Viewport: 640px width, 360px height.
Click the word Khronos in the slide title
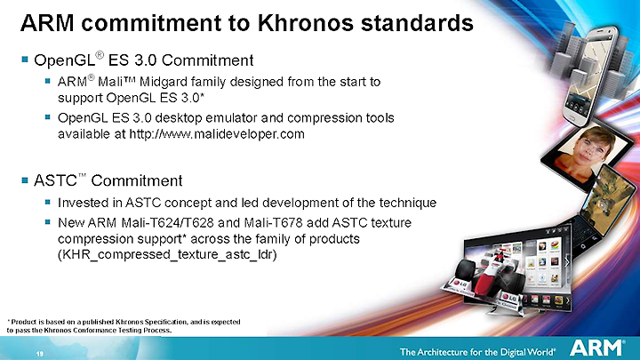(305, 23)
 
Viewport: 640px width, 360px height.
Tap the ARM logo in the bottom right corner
(596, 348)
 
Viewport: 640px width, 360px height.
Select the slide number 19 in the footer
(40, 354)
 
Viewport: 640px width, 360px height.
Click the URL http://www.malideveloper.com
(217, 134)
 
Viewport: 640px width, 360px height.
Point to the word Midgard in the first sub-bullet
(163, 82)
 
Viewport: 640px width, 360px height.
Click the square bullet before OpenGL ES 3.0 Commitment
(25, 60)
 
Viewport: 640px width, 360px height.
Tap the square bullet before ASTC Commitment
(25, 180)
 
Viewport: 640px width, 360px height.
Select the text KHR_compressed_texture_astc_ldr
(167, 255)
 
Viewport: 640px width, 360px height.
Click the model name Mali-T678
(273, 223)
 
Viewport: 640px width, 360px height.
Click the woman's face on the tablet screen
(589, 148)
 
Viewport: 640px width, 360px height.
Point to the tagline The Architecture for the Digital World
(477, 352)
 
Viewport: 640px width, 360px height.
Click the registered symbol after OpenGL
(100, 55)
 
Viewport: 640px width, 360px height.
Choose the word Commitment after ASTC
(136, 180)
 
